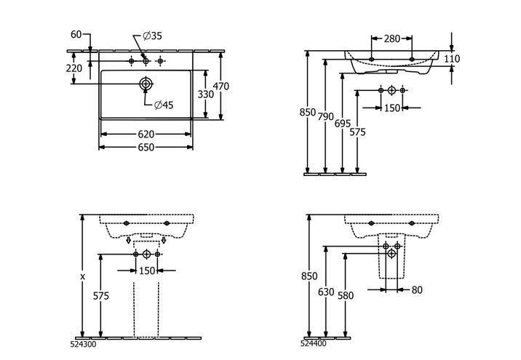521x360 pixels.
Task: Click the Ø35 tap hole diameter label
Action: (153, 36)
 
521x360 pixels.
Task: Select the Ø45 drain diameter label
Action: (164, 105)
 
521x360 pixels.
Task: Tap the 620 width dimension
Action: (146, 134)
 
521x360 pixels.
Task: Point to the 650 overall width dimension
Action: (146, 147)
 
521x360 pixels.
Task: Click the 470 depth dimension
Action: (221, 87)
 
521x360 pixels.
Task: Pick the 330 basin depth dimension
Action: (206, 95)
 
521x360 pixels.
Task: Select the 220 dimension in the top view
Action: (73, 68)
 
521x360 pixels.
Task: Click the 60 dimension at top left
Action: (76, 34)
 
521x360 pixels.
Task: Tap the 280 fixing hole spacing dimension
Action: (392, 39)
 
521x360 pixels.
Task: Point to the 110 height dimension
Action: (452, 59)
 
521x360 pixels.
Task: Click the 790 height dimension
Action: (325, 116)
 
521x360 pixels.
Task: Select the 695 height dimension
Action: (343, 124)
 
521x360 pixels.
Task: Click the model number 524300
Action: (84, 345)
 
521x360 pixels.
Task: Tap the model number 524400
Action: (314, 343)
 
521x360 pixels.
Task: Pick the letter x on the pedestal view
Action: (83, 276)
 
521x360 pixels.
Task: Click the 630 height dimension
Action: (326, 292)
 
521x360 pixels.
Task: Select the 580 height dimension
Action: (346, 295)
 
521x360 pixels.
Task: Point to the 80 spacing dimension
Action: (417, 290)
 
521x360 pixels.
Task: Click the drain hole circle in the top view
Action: (146, 84)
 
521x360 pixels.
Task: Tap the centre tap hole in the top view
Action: (146, 61)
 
